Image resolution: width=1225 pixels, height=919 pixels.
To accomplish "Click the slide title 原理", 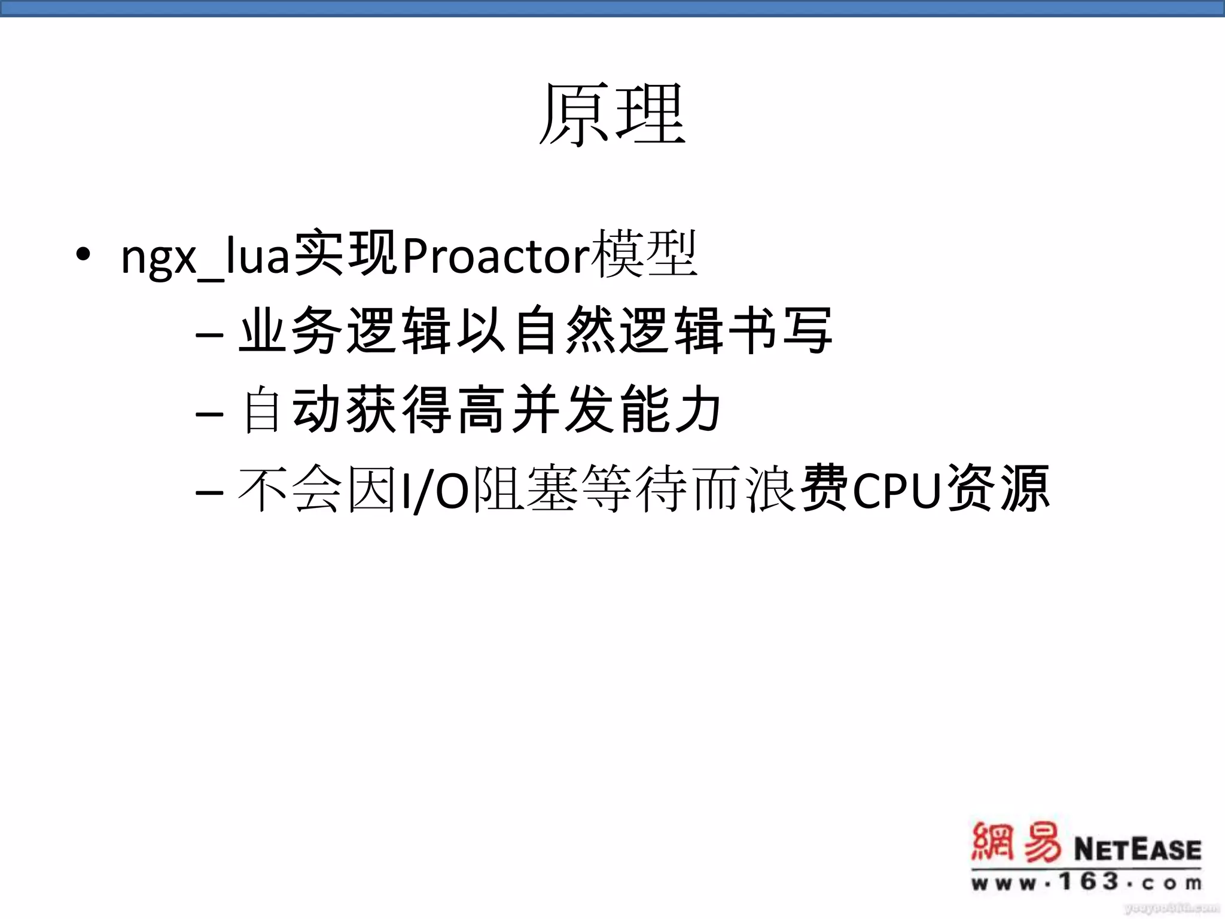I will tap(612, 115).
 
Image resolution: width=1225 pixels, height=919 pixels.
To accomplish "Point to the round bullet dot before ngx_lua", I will tap(83, 254).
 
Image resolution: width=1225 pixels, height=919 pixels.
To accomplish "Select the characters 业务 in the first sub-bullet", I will tap(291, 330).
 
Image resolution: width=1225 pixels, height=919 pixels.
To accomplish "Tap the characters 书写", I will tap(779, 330).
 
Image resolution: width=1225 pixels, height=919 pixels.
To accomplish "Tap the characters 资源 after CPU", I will tap(998, 489).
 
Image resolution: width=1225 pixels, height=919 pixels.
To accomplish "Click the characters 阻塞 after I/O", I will tap(525, 489).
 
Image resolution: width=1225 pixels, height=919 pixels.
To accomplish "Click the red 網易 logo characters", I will tap(1016, 843).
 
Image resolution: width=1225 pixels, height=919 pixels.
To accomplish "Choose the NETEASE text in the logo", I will tap(1137, 849).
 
